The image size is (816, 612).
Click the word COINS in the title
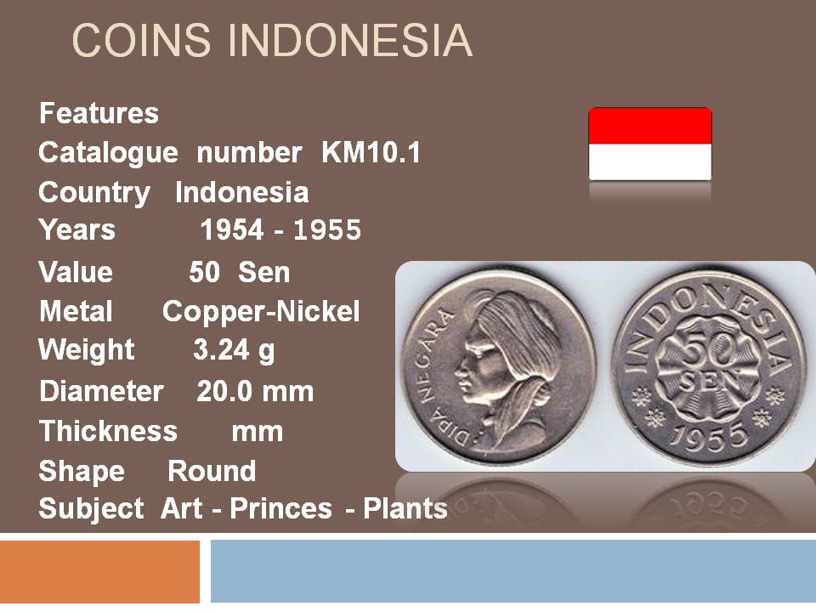coord(142,40)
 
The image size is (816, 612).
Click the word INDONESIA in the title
coord(350,40)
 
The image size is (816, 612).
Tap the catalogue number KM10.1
coord(371,152)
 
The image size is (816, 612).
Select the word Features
coord(99,113)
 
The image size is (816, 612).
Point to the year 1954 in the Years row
coord(231,229)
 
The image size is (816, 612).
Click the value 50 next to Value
coord(204,272)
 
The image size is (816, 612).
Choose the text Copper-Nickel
coord(261,311)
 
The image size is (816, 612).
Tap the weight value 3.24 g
coord(234,349)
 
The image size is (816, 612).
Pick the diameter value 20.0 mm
coord(255,391)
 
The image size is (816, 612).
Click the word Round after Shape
coord(212,471)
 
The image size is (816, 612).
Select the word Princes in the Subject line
coord(281,508)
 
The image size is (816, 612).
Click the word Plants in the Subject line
coord(405,508)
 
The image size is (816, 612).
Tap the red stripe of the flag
coord(650,126)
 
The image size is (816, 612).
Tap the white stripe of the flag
coord(650,162)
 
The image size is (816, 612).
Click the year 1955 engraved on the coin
coord(709,436)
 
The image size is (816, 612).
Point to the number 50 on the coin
coord(706,352)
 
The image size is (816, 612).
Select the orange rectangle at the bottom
coord(99,571)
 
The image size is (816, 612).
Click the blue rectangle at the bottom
coord(513,571)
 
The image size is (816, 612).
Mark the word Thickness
coord(108,431)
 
